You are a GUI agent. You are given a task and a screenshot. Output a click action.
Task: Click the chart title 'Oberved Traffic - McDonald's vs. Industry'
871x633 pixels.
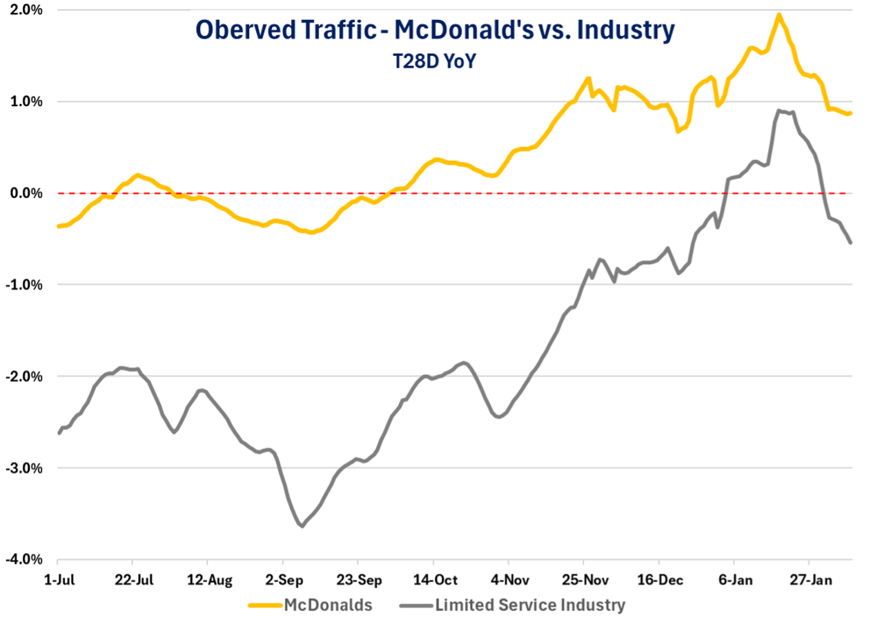click(435, 30)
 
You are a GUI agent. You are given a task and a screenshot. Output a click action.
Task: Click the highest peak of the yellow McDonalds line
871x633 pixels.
click(779, 14)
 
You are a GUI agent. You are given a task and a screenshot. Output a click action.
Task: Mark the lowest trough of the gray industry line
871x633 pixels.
click(302, 527)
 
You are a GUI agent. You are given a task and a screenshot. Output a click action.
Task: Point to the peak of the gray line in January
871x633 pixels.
click(779, 110)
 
